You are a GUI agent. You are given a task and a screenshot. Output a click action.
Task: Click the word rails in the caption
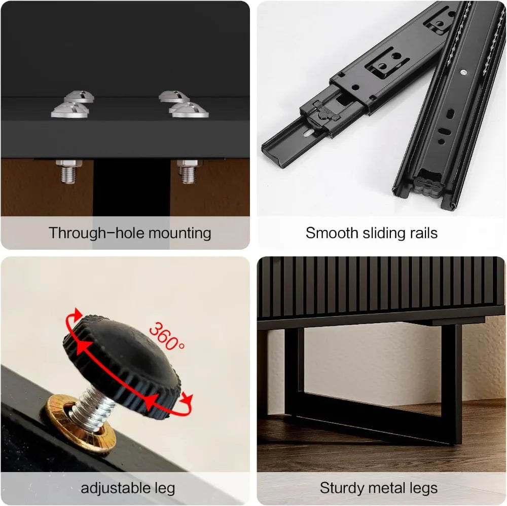tap(423, 233)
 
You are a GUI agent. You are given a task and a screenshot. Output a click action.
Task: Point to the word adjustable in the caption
tap(115, 488)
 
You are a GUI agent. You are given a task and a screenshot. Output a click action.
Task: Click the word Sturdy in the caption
tap(341, 488)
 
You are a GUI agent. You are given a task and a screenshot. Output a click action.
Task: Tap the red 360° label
tap(166, 336)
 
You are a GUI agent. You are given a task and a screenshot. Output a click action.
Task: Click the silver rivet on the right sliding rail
tap(463, 72)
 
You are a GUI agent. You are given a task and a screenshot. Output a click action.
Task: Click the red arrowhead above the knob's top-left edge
tap(78, 314)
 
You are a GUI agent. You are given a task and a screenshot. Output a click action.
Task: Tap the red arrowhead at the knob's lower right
tap(187, 399)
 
